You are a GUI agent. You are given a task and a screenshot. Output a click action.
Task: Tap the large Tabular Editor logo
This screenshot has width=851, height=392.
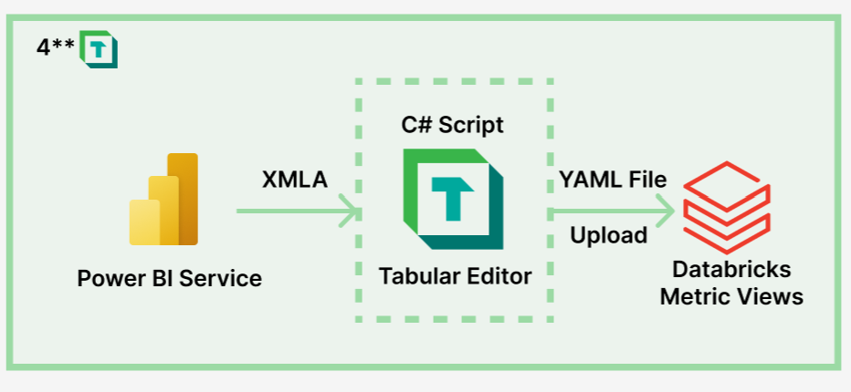(x=452, y=200)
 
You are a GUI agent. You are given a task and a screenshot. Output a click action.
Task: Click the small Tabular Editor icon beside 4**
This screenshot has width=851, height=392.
(x=98, y=48)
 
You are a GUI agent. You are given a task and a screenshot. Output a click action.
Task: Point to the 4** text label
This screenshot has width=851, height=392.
(x=54, y=48)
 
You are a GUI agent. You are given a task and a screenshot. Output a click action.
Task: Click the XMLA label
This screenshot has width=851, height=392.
(x=294, y=180)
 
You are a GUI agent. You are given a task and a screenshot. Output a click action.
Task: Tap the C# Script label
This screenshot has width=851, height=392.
(x=452, y=125)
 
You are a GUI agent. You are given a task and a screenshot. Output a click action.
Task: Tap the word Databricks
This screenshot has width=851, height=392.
(x=731, y=270)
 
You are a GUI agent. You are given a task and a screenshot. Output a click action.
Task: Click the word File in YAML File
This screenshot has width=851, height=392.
(x=645, y=180)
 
